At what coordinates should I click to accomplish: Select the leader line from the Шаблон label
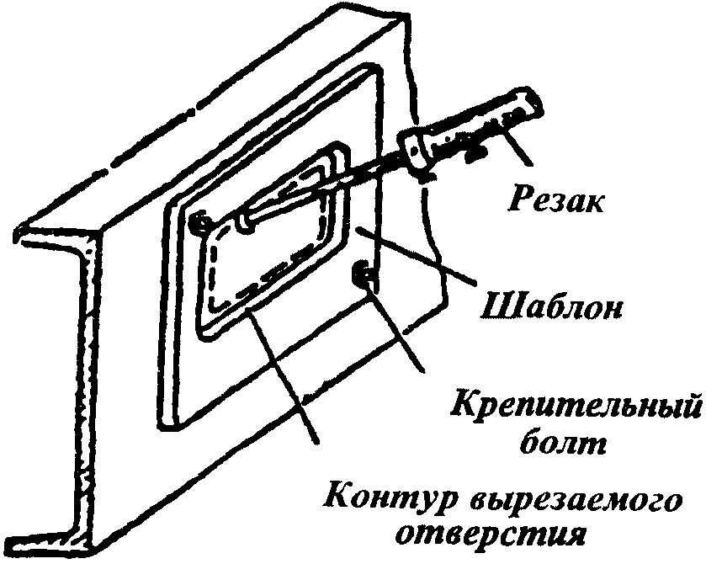(x=421, y=257)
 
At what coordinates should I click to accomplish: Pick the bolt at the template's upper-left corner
(x=199, y=225)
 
